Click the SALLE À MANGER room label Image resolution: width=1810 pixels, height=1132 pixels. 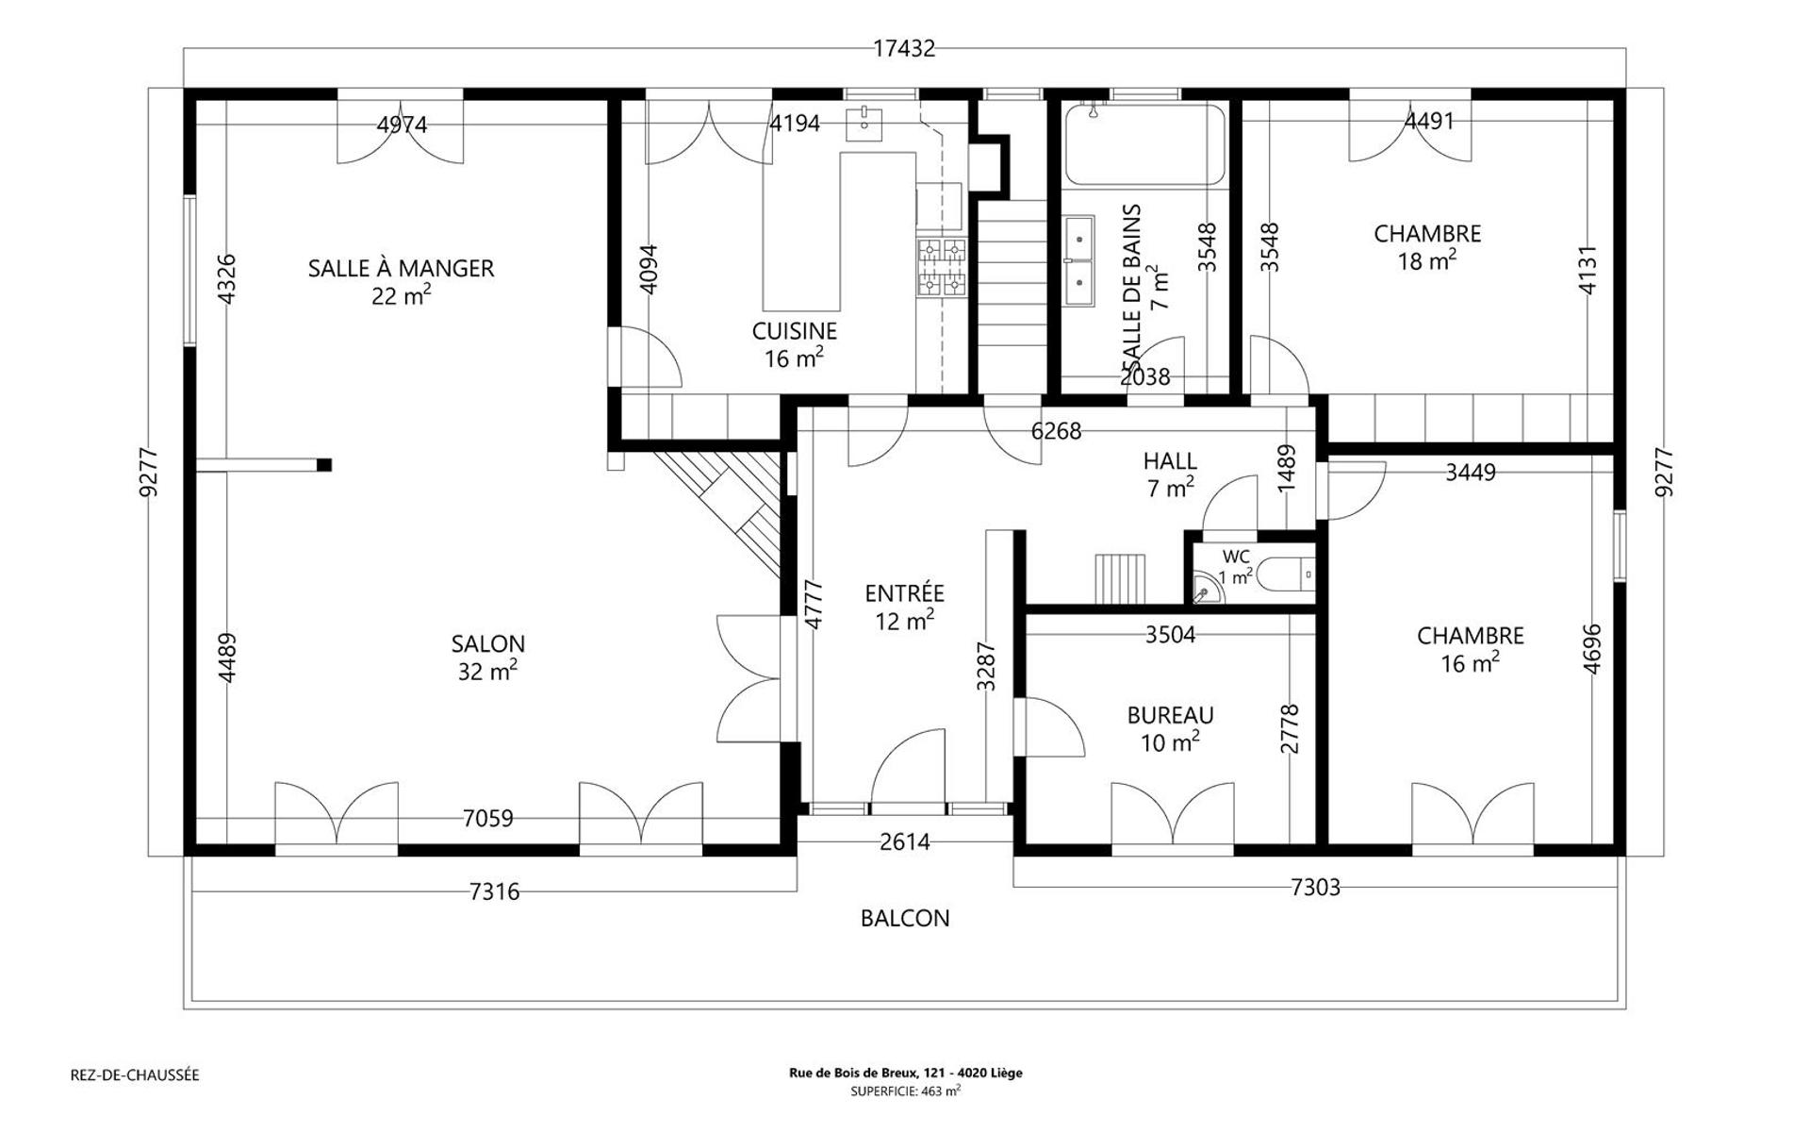(x=401, y=268)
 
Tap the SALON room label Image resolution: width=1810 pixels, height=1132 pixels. (x=487, y=643)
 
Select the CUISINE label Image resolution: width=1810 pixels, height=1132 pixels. (x=794, y=331)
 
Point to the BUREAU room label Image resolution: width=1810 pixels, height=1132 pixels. (x=1170, y=715)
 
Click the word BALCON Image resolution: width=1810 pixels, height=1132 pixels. (x=905, y=918)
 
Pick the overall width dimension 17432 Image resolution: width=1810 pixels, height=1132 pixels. (x=904, y=48)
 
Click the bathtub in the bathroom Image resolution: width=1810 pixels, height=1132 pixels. (x=1145, y=143)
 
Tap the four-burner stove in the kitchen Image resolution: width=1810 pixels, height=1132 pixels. (x=942, y=266)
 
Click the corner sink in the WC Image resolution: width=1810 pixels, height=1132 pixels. (x=1206, y=589)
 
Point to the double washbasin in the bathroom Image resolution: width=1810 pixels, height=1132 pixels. (x=1079, y=260)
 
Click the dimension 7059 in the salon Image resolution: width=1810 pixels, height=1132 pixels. (x=487, y=818)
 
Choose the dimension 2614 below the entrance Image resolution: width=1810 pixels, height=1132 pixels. (x=905, y=841)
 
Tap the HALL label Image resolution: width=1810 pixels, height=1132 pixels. (x=1170, y=461)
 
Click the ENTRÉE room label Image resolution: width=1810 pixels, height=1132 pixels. (x=904, y=593)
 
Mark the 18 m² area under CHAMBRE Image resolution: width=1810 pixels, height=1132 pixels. (x=1426, y=260)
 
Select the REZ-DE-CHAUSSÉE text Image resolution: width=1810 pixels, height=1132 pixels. (x=135, y=1074)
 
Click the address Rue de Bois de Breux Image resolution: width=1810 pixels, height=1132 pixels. (x=905, y=1073)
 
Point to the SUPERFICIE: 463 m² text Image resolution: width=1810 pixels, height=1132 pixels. (x=905, y=1090)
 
